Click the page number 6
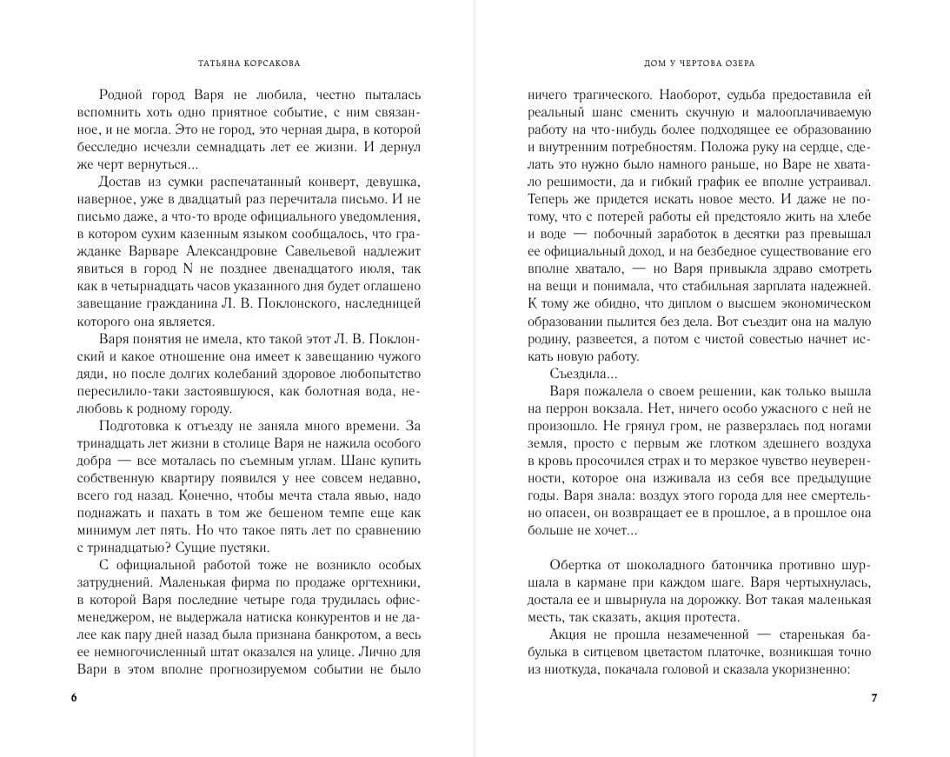[x=74, y=699]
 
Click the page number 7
[x=874, y=699]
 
